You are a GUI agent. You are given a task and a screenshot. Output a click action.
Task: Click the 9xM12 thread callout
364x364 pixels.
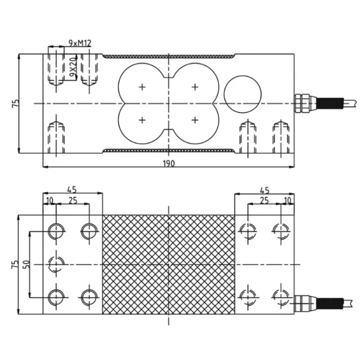click(80, 43)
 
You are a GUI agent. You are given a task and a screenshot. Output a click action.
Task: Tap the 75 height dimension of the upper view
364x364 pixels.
click(16, 104)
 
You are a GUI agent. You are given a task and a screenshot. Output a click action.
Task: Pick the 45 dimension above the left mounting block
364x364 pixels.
click(71, 189)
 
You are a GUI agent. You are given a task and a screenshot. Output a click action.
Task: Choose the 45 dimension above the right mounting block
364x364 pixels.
click(264, 189)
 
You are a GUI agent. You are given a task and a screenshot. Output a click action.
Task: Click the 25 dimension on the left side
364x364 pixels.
click(72, 200)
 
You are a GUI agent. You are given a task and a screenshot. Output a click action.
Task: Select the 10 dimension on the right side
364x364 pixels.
click(287, 200)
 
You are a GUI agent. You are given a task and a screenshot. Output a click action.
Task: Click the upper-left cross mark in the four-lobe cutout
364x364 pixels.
click(142, 87)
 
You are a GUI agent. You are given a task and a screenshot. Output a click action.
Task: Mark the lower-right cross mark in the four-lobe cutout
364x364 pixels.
click(195, 120)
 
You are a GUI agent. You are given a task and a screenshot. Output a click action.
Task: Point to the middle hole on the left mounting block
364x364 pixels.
click(56, 264)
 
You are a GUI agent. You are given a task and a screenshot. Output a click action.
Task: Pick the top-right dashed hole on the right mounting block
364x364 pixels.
click(279, 231)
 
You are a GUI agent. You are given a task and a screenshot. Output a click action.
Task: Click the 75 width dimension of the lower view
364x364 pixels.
click(16, 264)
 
